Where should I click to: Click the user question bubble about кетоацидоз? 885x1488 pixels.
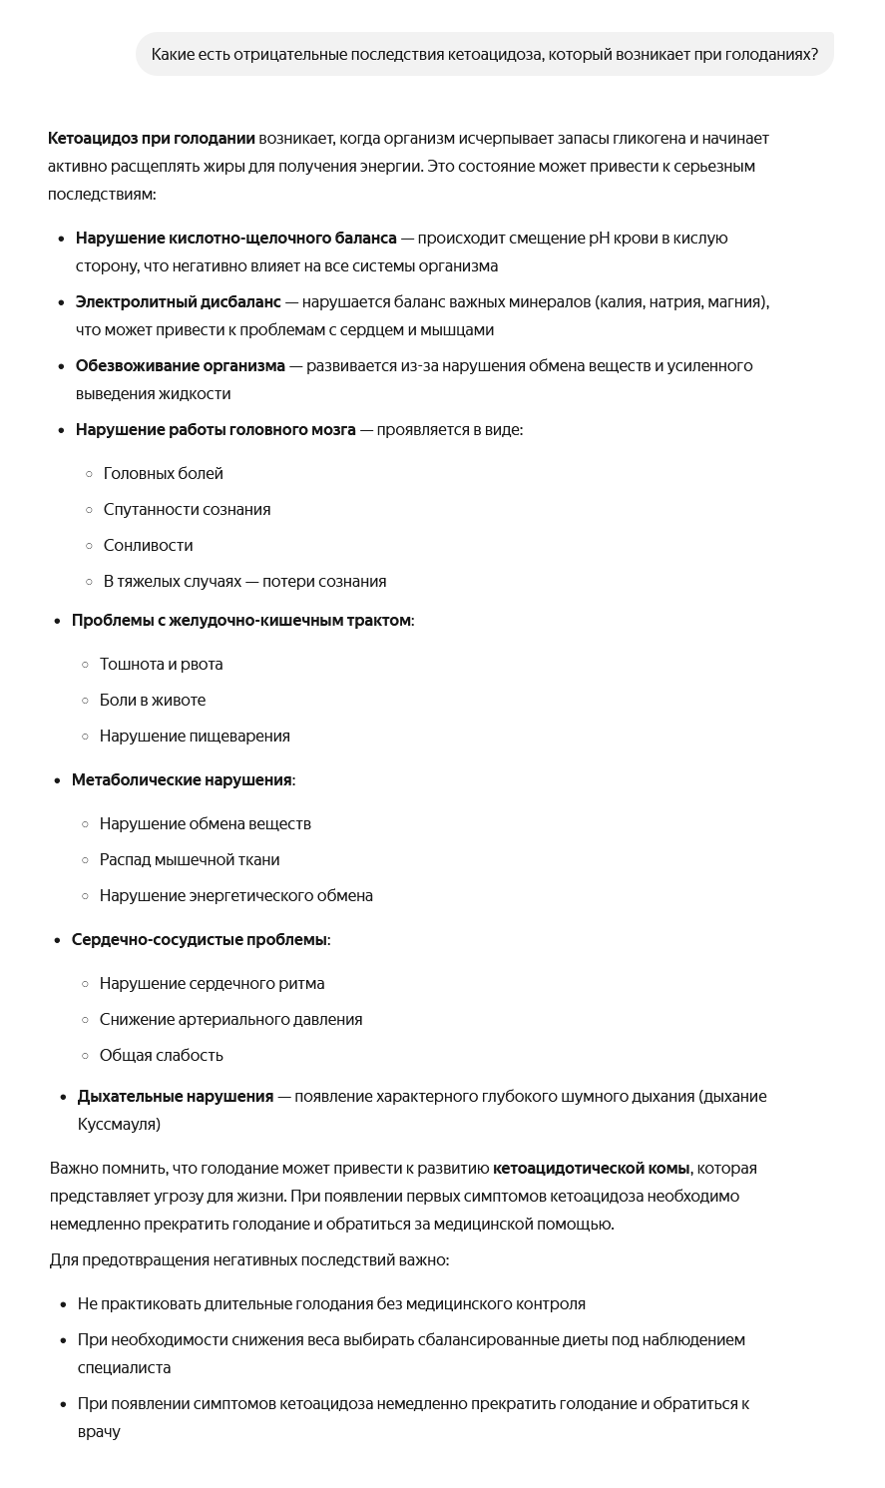(484, 54)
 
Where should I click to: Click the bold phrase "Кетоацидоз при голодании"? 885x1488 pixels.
(151, 138)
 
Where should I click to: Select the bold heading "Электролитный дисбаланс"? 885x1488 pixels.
(178, 301)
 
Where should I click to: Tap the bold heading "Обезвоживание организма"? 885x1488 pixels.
(180, 365)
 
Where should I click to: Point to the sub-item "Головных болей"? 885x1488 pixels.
(163, 473)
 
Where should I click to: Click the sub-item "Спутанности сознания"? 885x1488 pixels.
(187, 509)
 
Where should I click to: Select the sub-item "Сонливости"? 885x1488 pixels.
(148, 545)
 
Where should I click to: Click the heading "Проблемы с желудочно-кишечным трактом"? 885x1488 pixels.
(240, 620)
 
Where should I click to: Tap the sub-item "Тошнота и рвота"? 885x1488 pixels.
(161, 664)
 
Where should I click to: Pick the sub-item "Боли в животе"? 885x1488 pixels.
(152, 700)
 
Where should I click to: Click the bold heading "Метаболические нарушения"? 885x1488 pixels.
(182, 779)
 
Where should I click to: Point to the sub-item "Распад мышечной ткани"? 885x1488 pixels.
(190, 859)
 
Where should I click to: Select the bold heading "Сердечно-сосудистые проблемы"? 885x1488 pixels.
(199, 939)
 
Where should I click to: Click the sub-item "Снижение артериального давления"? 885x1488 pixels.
(230, 1019)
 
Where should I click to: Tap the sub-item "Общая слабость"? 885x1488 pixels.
(161, 1055)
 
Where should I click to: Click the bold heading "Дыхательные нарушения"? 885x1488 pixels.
(175, 1096)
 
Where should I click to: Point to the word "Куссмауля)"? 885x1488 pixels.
(119, 1124)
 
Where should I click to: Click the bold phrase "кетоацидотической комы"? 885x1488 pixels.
(591, 1168)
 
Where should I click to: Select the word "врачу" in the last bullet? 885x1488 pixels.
(99, 1431)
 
